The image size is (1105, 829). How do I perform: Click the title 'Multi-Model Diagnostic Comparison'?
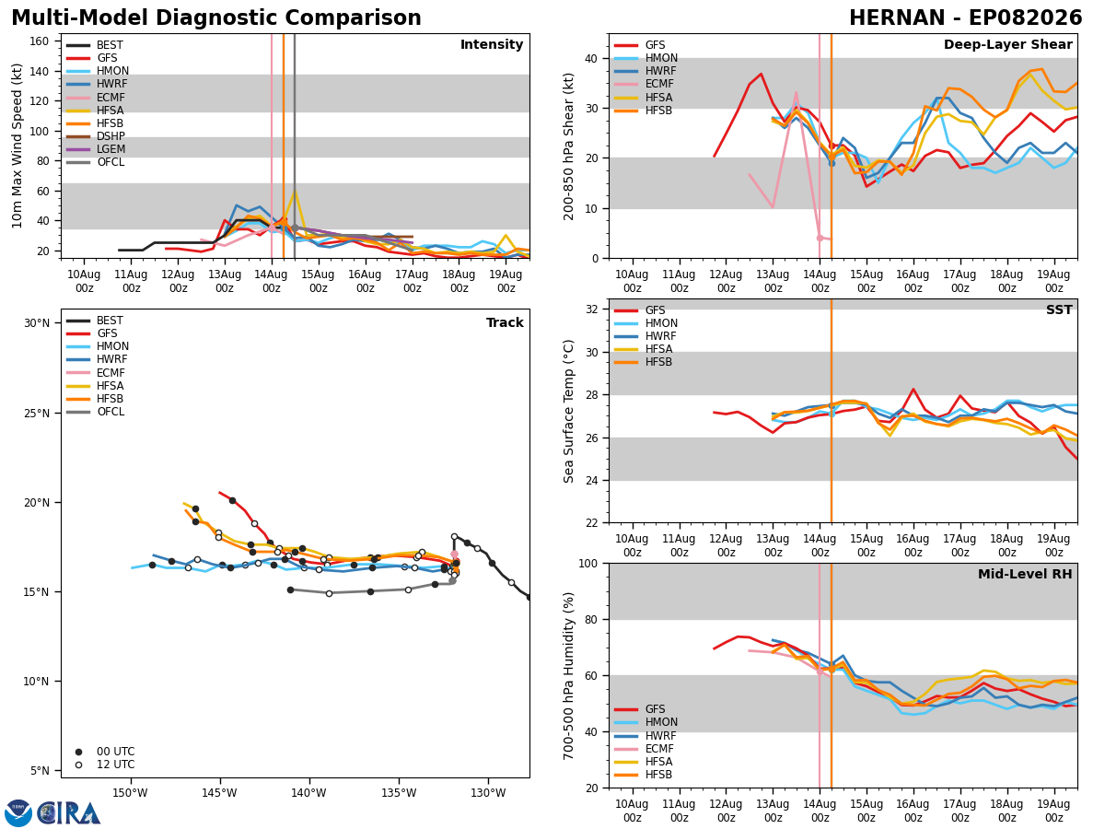pyautogui.click(x=216, y=18)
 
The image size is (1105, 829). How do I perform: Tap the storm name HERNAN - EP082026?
pyautogui.click(x=966, y=18)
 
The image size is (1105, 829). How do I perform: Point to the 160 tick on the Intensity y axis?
pyautogui.click(x=39, y=41)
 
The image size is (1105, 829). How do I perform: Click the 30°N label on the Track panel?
pyautogui.click(x=37, y=323)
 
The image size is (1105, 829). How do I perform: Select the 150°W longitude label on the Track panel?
pyautogui.click(x=130, y=793)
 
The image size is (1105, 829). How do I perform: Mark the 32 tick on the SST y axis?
pyautogui.click(x=592, y=309)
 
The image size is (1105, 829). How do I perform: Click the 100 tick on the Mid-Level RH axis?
pyautogui.click(x=588, y=563)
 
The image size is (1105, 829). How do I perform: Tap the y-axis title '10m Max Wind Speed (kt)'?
pyautogui.click(x=17, y=146)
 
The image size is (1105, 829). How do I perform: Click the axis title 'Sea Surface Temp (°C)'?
pyautogui.click(x=568, y=411)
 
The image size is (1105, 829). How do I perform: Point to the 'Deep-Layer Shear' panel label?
pyautogui.click(x=1007, y=44)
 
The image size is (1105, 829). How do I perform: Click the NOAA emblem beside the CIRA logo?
pyautogui.click(x=18, y=813)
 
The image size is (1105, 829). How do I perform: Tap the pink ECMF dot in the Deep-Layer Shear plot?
pyautogui.click(x=820, y=238)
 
